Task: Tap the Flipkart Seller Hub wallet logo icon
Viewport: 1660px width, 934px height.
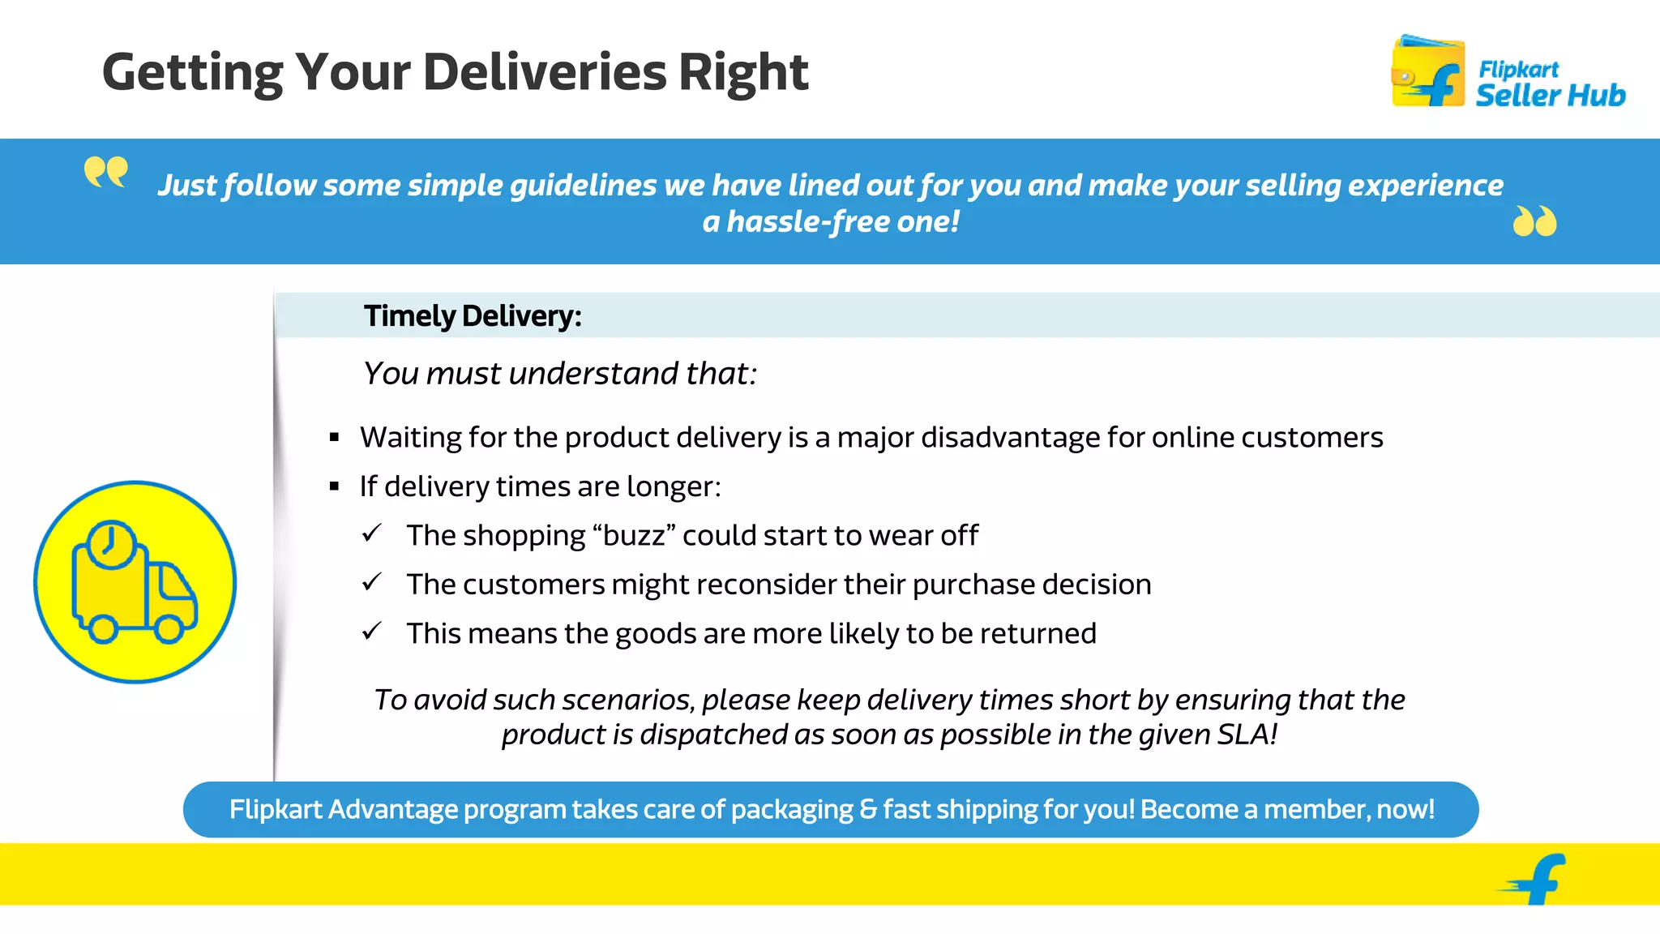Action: (x=1428, y=72)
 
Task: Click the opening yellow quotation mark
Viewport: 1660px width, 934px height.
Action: (x=106, y=172)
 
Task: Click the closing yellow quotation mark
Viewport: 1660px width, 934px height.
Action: (x=1534, y=221)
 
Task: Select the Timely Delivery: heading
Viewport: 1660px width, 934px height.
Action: (x=473, y=315)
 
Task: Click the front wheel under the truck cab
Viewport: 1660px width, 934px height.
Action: (x=169, y=628)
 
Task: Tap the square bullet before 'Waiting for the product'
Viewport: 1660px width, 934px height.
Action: (x=334, y=438)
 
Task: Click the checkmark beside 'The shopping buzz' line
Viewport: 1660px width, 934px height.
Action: (x=372, y=533)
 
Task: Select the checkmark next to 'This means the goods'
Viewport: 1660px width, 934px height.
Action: (x=372, y=632)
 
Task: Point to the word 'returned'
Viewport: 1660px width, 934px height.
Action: (x=1047, y=633)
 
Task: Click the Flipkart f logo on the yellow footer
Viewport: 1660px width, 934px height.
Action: (x=1536, y=878)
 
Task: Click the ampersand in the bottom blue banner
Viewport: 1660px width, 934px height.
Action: (x=867, y=809)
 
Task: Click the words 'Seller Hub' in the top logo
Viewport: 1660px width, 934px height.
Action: (x=1550, y=95)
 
